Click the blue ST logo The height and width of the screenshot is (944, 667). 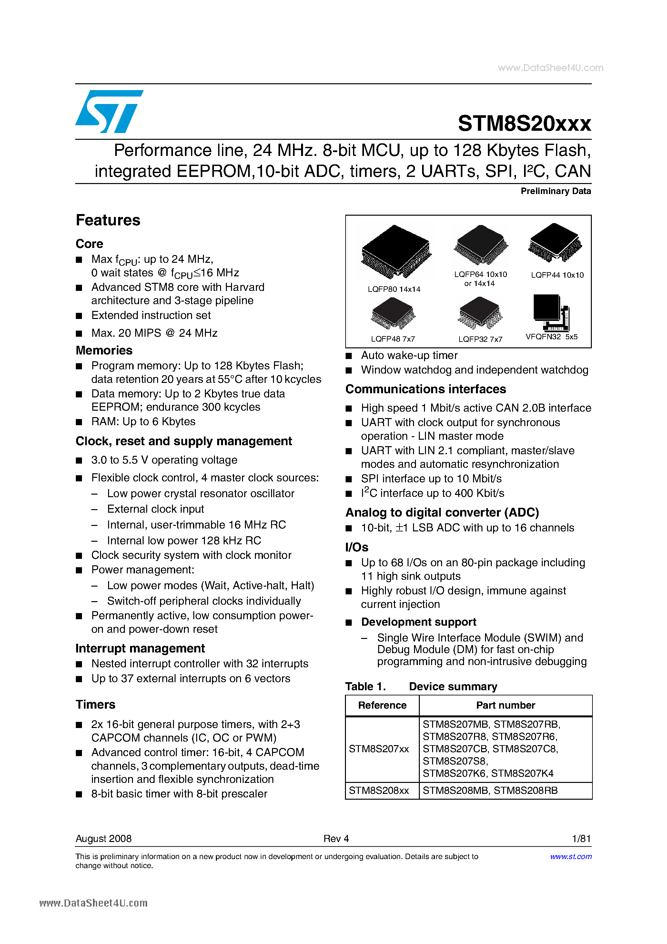109,111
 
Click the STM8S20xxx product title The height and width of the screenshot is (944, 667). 524,123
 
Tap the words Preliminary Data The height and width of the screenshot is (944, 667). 556,191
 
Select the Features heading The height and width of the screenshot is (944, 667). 108,221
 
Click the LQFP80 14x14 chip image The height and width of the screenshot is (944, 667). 396,251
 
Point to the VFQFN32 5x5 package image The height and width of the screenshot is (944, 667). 551,313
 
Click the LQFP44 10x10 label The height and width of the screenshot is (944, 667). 557,275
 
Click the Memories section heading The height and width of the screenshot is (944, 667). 104,350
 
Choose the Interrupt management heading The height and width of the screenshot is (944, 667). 140,648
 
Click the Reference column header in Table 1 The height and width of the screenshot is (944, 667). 382,705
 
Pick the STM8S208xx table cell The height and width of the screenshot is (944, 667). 379,790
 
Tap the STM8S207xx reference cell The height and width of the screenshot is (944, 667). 379,749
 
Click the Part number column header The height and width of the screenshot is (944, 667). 505,705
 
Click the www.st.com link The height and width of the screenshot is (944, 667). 571,857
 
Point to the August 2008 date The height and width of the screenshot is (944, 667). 104,838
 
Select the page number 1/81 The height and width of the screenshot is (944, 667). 581,838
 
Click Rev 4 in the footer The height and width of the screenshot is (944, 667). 336,838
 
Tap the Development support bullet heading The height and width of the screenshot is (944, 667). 418,622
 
